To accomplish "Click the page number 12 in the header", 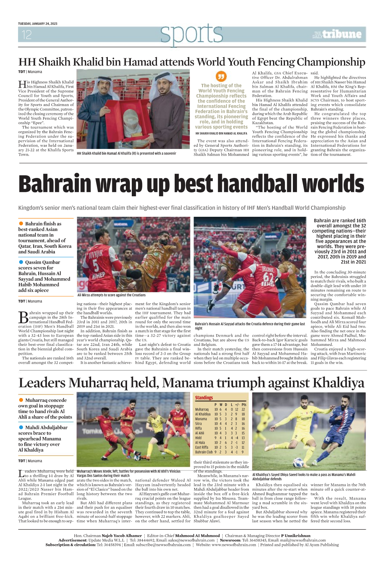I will coord(26,34).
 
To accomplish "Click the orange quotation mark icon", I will coord(221,76).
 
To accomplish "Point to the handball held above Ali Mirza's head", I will coord(130,234).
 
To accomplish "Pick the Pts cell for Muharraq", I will coord(243,410).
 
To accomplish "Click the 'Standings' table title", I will coord(204,398).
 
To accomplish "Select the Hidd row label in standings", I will coord(198,438).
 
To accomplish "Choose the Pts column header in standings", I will coord(244,405).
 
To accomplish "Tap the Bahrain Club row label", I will coord(204,452).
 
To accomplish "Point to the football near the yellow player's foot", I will coord(298,463).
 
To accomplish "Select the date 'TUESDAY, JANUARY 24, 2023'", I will coord(38,24).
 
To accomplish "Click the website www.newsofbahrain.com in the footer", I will coord(234,545).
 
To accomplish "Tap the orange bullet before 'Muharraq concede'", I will coord(21,400).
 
